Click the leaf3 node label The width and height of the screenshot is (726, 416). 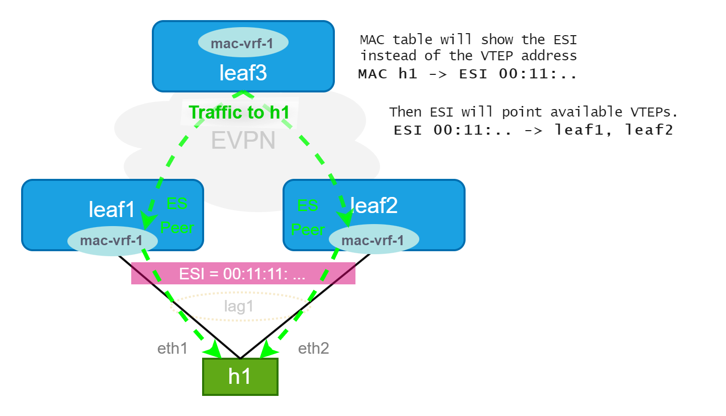243,73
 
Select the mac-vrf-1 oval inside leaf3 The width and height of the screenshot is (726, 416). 243,43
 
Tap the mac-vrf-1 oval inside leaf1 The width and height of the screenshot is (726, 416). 112,241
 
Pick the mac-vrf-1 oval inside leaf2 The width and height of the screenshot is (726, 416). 374,241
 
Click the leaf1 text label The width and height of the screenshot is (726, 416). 112,209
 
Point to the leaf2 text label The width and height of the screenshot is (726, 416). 374,205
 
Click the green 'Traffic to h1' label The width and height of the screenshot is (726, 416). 239,112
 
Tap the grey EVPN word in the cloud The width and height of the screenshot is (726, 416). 243,140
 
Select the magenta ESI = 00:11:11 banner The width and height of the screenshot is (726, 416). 243,273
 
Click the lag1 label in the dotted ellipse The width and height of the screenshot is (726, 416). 238,306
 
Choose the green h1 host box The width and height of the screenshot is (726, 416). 240,377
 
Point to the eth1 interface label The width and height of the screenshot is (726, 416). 172,348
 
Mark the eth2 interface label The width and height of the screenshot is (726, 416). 313,348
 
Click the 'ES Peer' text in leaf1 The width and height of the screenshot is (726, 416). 177,216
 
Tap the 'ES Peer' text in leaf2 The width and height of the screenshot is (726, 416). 308,217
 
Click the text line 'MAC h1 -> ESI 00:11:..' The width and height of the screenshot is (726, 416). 468,74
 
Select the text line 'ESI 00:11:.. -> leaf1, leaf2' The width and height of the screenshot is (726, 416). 533,130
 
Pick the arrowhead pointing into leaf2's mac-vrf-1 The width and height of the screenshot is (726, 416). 344,220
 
